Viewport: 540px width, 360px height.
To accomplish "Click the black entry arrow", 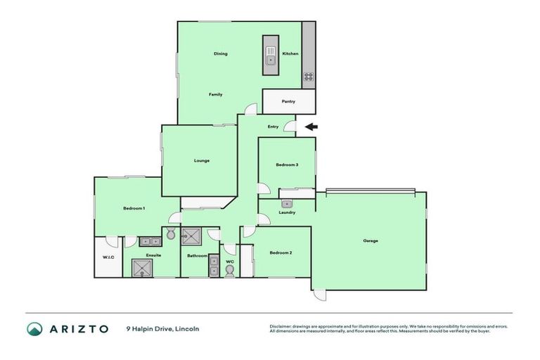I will point(311,127).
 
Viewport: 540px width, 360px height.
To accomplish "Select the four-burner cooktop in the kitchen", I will point(308,77).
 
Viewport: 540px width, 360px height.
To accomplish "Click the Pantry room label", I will point(288,101).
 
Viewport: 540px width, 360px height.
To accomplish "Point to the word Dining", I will point(221,54).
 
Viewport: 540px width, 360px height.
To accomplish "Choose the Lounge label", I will point(202,161).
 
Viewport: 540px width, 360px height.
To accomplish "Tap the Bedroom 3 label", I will point(287,165).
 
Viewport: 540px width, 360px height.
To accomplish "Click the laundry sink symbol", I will point(287,204).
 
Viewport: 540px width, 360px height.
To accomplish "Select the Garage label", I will point(371,241).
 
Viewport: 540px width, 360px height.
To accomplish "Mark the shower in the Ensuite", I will point(143,268).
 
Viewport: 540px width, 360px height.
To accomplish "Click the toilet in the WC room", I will point(229,271).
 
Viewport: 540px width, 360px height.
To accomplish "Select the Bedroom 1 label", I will point(134,208).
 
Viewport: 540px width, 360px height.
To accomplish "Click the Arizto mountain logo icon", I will point(34,328).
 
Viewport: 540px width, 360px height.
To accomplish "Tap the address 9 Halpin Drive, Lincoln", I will point(162,328).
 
